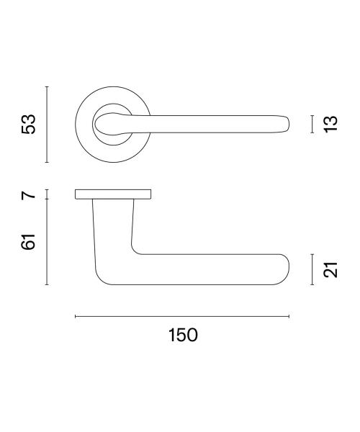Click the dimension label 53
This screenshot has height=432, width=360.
(28, 125)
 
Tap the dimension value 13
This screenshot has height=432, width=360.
(330, 125)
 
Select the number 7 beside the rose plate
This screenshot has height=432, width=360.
(28, 195)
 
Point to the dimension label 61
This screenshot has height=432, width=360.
(28, 242)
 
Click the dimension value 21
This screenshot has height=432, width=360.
(330, 269)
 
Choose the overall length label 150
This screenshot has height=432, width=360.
(183, 335)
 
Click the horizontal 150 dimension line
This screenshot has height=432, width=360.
(182, 317)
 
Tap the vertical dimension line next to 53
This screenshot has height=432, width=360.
(47, 125)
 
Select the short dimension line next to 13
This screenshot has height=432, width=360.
(312, 125)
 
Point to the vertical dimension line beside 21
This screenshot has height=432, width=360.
(312, 269)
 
